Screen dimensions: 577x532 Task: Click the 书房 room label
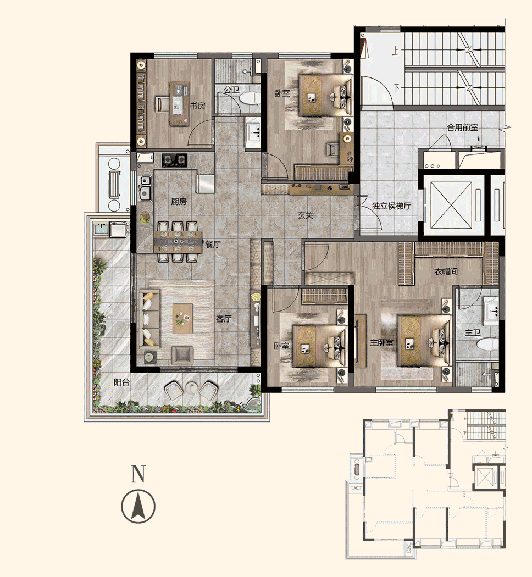[198, 106]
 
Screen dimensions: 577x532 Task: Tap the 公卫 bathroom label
[231, 90]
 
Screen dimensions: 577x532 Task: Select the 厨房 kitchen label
[179, 202]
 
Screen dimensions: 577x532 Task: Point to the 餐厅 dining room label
[213, 245]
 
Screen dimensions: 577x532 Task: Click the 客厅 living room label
[223, 319]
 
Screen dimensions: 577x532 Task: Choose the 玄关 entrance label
[306, 216]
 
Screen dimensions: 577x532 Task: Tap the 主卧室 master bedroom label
[381, 343]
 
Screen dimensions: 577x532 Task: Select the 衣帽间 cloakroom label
[446, 271]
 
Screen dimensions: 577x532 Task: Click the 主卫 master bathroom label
[473, 333]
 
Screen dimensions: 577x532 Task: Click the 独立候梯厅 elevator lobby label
[391, 207]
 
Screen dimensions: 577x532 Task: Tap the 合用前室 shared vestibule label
[462, 127]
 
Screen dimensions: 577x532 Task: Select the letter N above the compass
[138, 474]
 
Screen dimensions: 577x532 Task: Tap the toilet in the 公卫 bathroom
[250, 100]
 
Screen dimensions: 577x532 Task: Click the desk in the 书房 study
[178, 102]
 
